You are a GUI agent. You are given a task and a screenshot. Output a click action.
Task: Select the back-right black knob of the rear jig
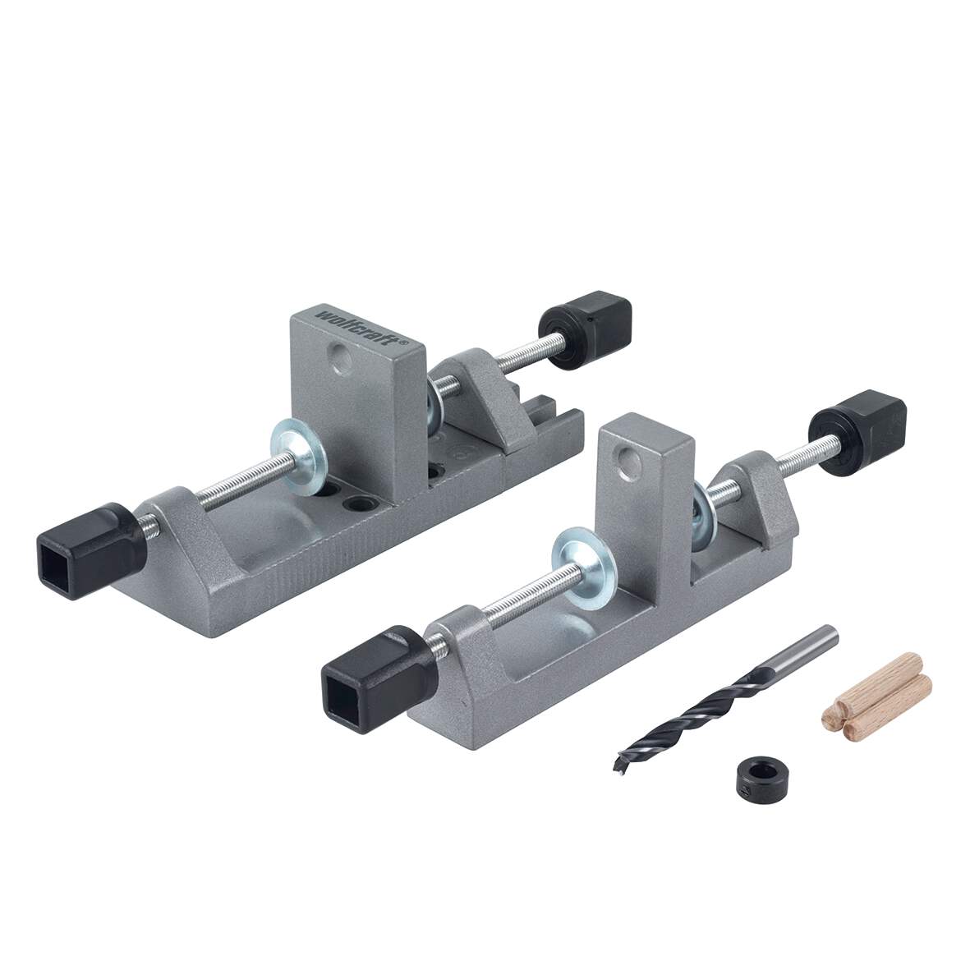click(585, 330)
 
